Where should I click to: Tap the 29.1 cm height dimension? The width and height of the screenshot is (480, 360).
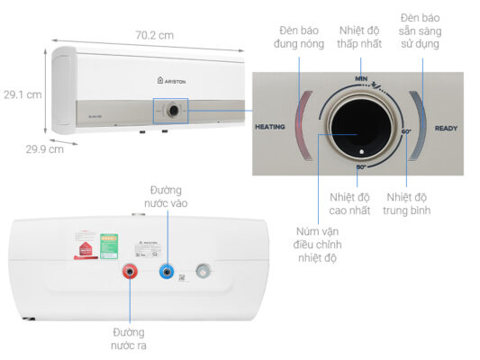point(23,93)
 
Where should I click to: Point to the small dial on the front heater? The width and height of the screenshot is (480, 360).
point(170,111)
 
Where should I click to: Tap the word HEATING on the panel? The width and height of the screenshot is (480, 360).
point(270,128)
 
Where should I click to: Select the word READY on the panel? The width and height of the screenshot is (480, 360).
point(446,128)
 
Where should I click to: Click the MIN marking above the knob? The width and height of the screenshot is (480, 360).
point(360,79)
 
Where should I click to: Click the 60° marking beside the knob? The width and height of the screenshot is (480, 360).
point(406,132)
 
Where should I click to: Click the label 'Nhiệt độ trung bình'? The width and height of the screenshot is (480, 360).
point(409,203)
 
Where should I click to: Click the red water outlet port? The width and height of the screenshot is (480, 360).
point(130,272)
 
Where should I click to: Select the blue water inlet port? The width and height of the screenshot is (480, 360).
point(166,271)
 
